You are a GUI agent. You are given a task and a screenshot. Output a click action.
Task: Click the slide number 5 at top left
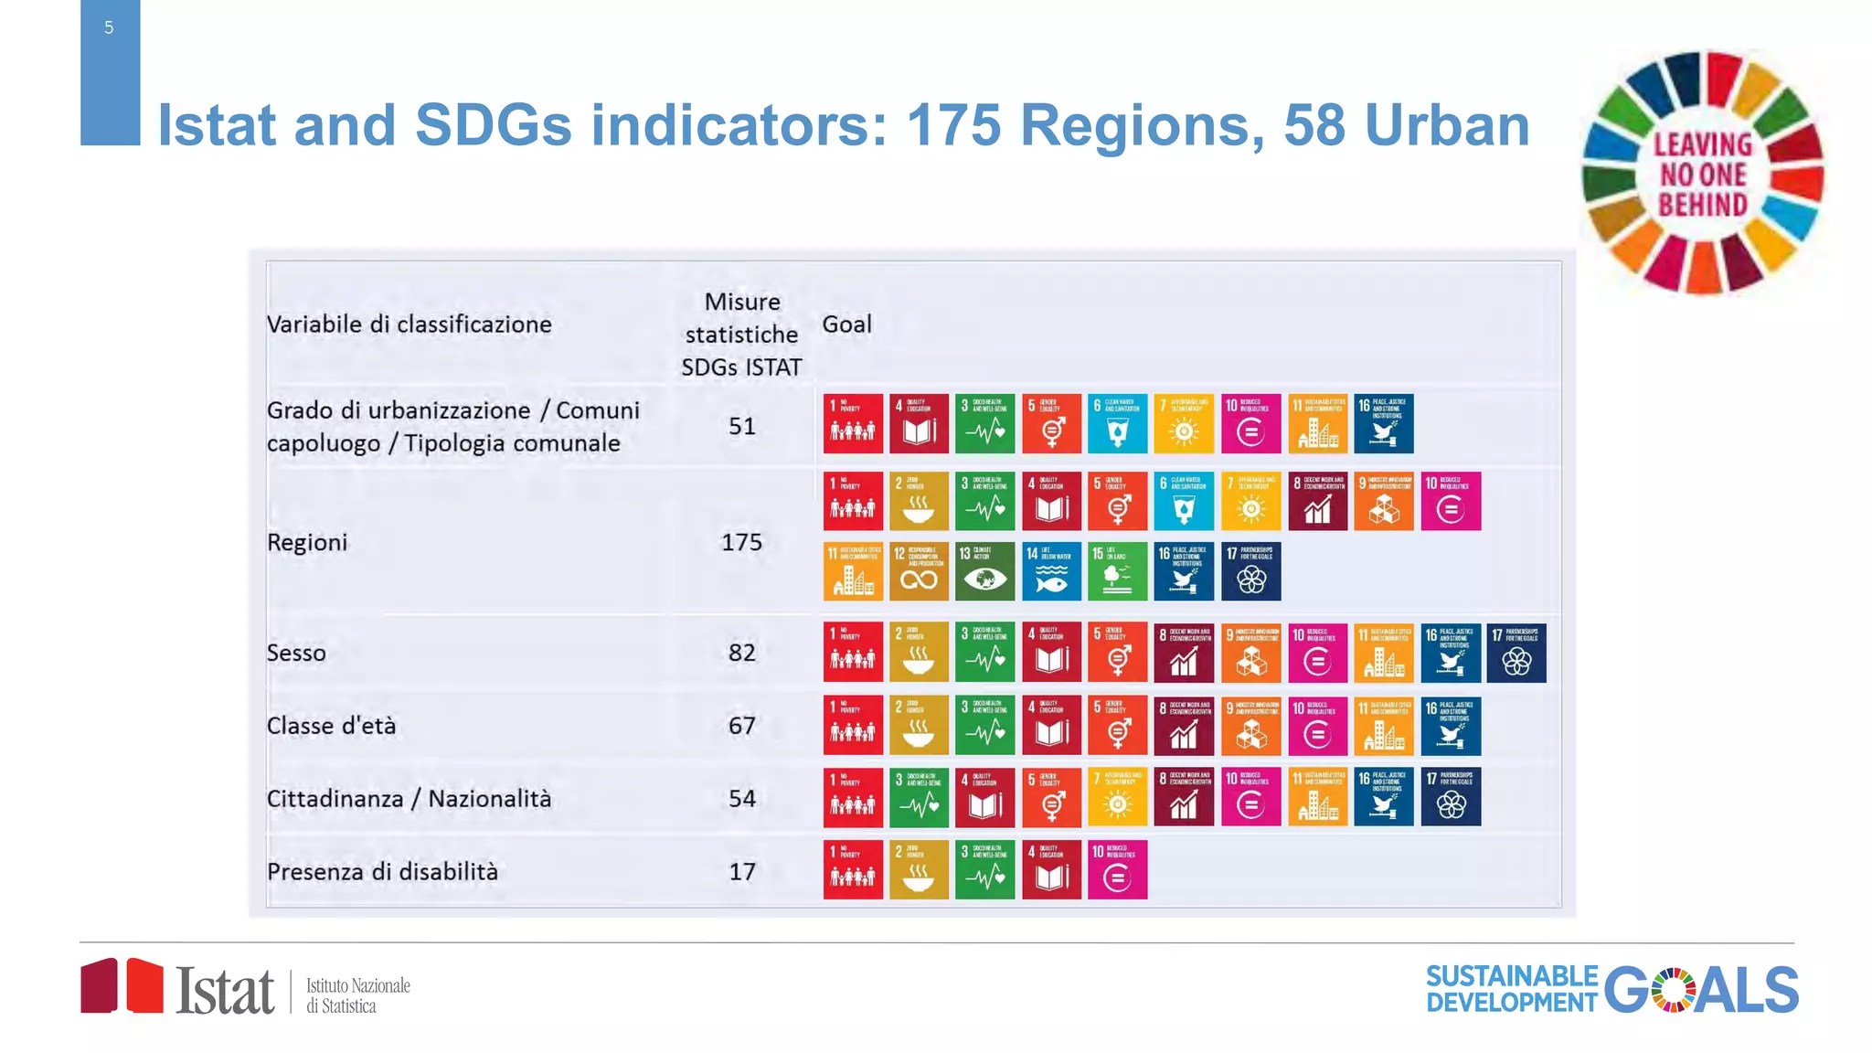pyautogui.click(x=109, y=28)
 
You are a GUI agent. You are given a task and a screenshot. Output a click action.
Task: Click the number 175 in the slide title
pyautogui.click(x=952, y=125)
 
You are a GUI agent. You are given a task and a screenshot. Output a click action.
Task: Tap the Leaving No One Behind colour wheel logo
pyautogui.click(x=1702, y=174)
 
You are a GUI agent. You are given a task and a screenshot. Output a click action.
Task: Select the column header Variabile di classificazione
pyautogui.click(x=409, y=324)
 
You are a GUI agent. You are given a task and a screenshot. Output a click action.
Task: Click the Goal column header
pyautogui.click(x=846, y=324)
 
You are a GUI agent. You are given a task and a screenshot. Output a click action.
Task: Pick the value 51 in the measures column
pyautogui.click(x=741, y=426)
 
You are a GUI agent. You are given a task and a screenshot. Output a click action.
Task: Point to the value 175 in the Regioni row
pyautogui.click(x=741, y=542)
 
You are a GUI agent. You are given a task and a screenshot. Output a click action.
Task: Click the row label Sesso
pyautogui.click(x=296, y=653)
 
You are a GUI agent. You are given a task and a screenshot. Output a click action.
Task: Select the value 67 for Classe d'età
pyautogui.click(x=741, y=726)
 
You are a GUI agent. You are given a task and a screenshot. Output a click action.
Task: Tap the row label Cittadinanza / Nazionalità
pyautogui.click(x=409, y=799)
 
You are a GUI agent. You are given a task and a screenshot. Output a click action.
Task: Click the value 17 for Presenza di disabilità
pyautogui.click(x=741, y=872)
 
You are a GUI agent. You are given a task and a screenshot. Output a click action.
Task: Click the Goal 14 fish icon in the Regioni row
pyautogui.click(x=1051, y=571)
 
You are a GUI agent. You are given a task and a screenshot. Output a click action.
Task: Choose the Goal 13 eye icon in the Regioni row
pyautogui.click(x=984, y=571)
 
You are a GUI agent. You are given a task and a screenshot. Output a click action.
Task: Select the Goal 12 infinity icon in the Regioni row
pyautogui.click(x=919, y=571)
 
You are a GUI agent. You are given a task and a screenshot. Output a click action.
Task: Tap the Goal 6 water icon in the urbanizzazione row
pyautogui.click(x=1117, y=424)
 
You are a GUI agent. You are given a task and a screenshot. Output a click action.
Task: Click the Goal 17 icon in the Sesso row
pyautogui.click(x=1516, y=653)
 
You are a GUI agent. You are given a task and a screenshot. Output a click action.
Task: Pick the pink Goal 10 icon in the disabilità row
pyautogui.click(x=1117, y=870)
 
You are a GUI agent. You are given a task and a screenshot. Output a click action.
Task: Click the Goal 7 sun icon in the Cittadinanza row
pyautogui.click(x=1117, y=797)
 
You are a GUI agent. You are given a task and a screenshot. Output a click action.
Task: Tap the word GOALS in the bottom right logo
pyautogui.click(x=1700, y=990)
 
